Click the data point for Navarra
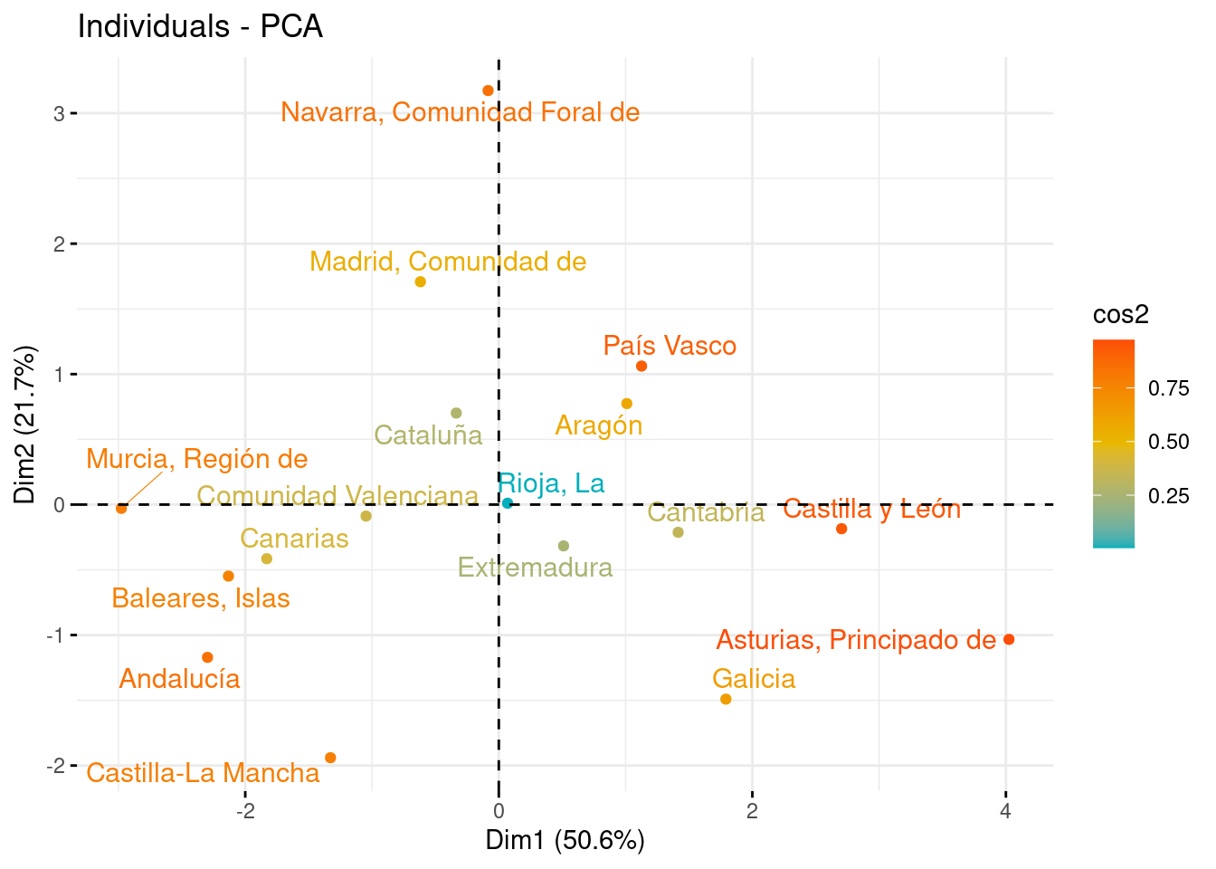pyautogui.click(x=488, y=91)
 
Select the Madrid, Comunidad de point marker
pyautogui.click(x=420, y=282)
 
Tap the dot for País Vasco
pyautogui.click(x=641, y=366)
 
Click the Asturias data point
pyautogui.click(x=1009, y=640)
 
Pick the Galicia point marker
pyautogui.click(x=726, y=699)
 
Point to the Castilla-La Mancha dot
pyautogui.click(x=330, y=758)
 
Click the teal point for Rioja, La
pyautogui.click(x=508, y=503)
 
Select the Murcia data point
pyautogui.click(x=121, y=509)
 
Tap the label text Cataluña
pyautogui.click(x=428, y=435)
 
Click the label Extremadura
pyautogui.click(x=535, y=568)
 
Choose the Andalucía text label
pyautogui.click(x=180, y=679)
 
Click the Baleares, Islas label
pyautogui.click(x=201, y=598)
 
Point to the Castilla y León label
pyautogui.click(x=871, y=509)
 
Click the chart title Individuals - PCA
pyautogui.click(x=200, y=26)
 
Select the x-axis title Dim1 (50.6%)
pyautogui.click(x=565, y=840)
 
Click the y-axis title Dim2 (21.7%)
pyautogui.click(x=25, y=425)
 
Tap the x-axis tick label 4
pyautogui.click(x=1005, y=811)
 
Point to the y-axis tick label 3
pyautogui.click(x=59, y=113)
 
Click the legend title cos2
pyautogui.click(x=1120, y=314)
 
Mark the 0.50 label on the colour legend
pyautogui.click(x=1168, y=442)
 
